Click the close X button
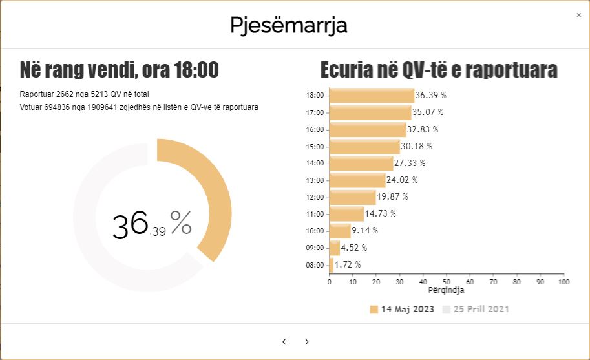pos(578,15)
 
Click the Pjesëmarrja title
pos(288,25)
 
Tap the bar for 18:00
pos(372,96)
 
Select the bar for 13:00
pos(357,180)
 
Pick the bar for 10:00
pos(340,231)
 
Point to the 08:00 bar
pos(332,264)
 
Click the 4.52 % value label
pos(354,248)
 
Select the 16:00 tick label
pos(315,129)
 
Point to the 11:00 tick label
pos(315,214)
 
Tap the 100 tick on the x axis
pos(564,282)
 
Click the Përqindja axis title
pos(446,290)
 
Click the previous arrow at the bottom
pos(284,342)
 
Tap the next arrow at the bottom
pos(306,342)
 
